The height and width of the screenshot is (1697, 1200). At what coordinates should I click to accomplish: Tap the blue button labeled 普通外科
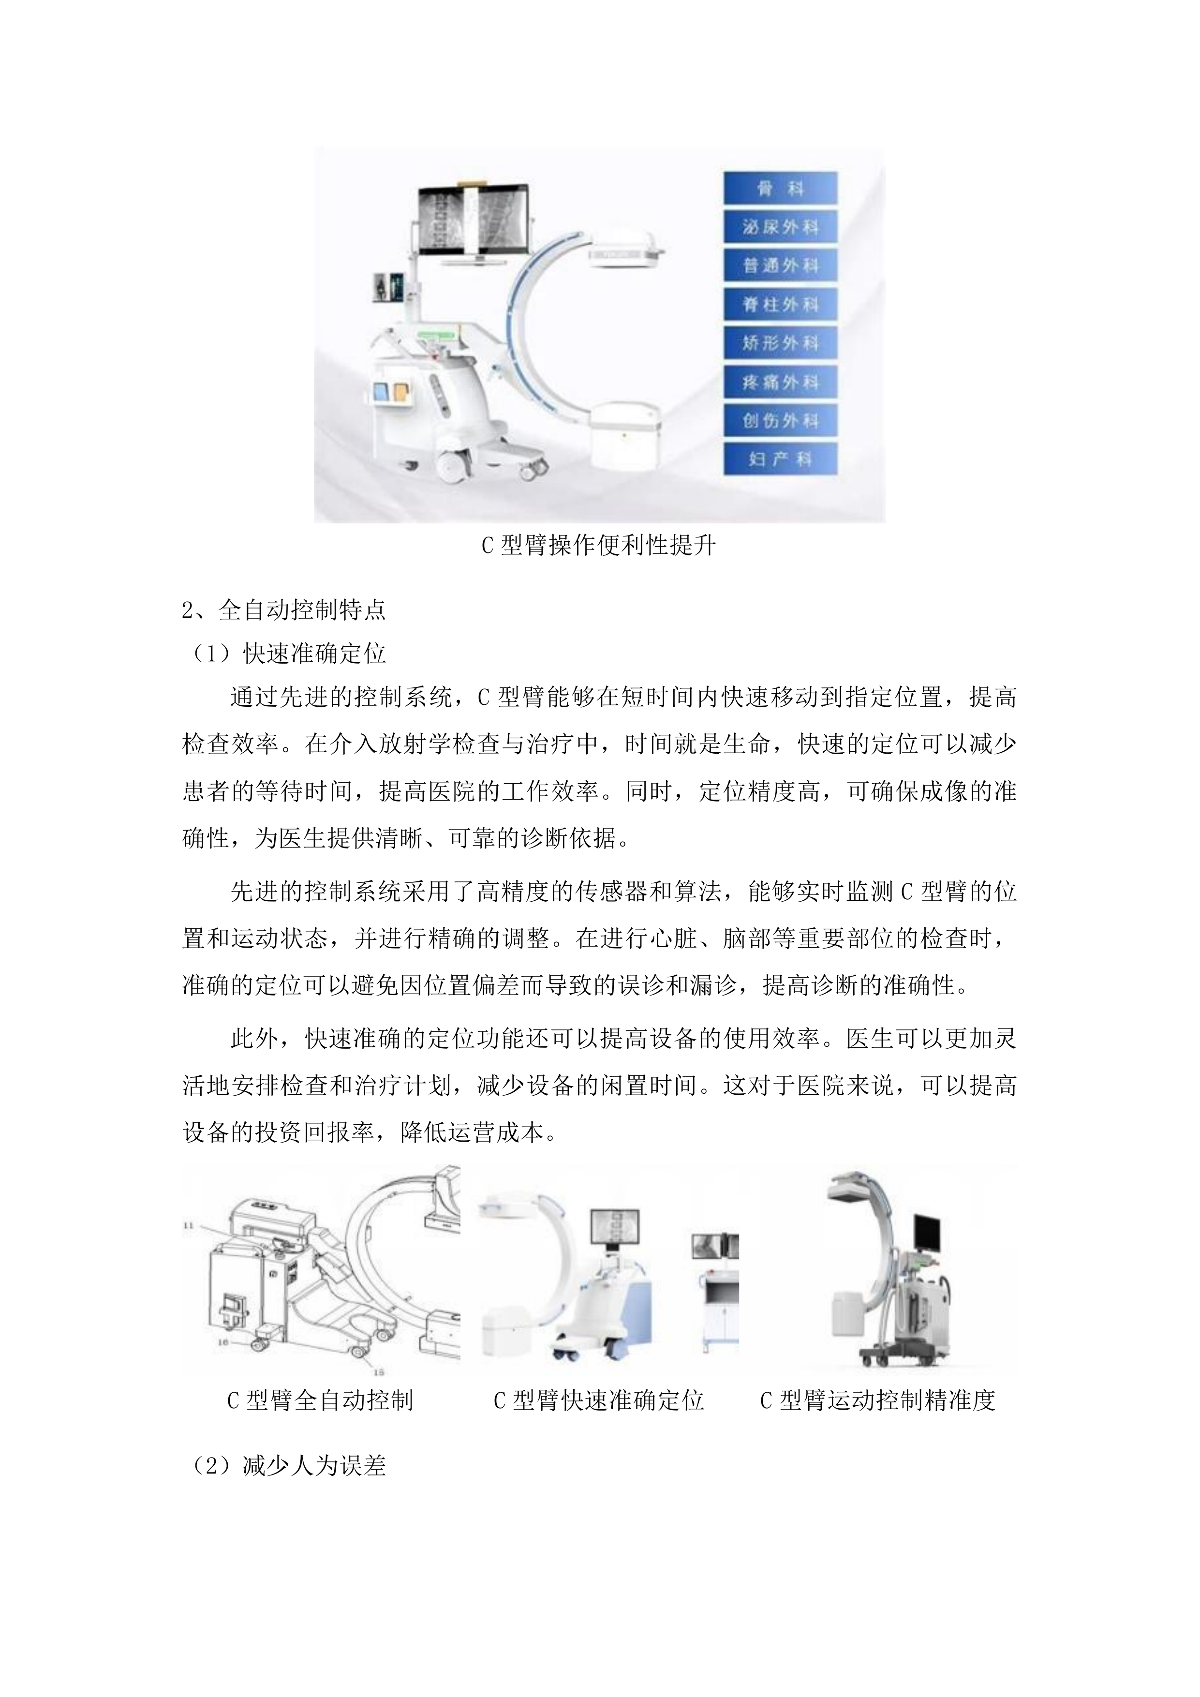coord(780,266)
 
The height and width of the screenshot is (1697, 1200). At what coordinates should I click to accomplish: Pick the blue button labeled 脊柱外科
coord(780,304)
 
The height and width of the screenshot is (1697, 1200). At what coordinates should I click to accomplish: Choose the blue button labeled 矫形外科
coord(780,343)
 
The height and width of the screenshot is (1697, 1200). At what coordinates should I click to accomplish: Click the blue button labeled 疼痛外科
coord(780,382)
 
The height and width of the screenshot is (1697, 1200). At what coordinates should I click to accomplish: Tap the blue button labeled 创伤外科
coord(780,420)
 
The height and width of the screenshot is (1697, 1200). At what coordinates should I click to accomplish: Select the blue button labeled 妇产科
coord(780,459)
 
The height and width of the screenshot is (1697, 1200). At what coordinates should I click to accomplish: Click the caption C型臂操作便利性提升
coord(599,546)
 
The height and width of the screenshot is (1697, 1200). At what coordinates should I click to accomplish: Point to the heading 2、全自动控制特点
coord(284,610)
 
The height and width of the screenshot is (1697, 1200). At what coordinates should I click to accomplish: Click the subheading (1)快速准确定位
coord(288,654)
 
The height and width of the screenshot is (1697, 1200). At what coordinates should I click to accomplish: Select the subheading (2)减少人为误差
coord(288,1466)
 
